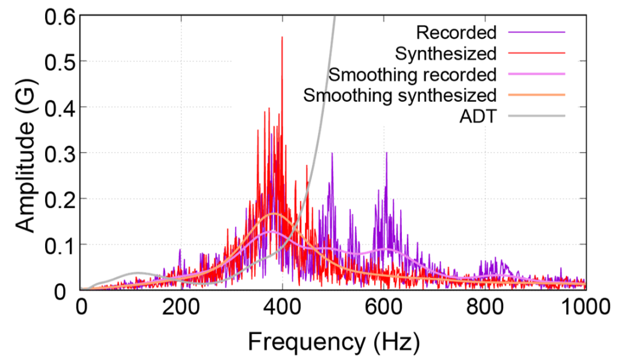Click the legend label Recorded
pyautogui.click(x=456, y=32)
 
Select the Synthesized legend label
pyautogui.click(x=446, y=53)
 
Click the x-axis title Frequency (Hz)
pyautogui.click(x=333, y=341)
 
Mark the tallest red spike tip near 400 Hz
pyautogui.click(x=281, y=37)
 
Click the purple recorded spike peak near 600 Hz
pyautogui.click(x=386, y=153)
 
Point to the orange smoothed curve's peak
pyautogui.click(x=274, y=214)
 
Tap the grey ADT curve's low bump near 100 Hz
pyautogui.click(x=138, y=273)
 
